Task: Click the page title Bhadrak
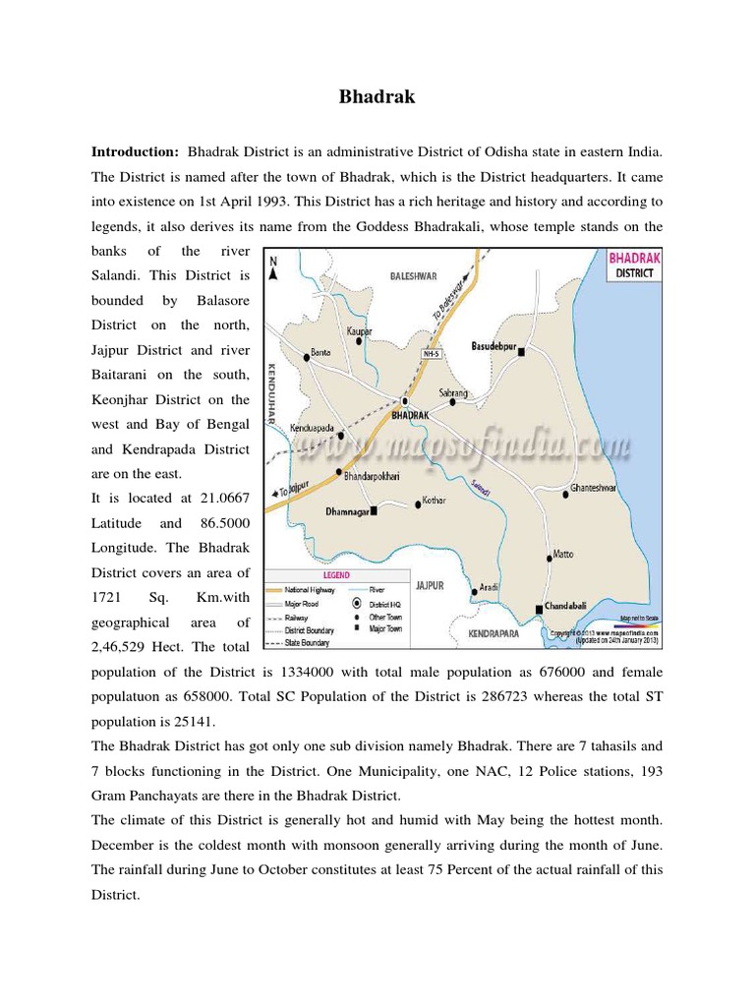377,97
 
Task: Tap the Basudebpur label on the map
494,346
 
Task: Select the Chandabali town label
573,607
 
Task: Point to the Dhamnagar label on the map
345,511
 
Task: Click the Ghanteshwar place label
599,488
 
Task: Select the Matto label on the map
563,555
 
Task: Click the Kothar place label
434,501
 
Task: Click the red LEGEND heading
338,573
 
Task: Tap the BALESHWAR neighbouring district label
413,277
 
